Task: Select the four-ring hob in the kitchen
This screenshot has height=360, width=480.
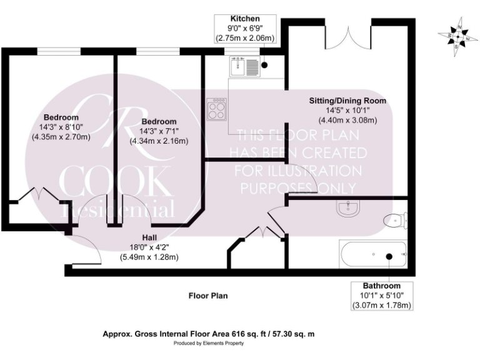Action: click(217, 111)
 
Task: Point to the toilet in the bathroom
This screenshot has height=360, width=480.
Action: click(396, 219)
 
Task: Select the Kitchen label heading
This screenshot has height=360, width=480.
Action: click(245, 19)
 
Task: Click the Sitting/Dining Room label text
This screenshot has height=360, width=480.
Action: click(347, 100)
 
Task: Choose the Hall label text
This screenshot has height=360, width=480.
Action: click(149, 237)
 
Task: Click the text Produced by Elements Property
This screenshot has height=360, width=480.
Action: click(208, 343)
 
